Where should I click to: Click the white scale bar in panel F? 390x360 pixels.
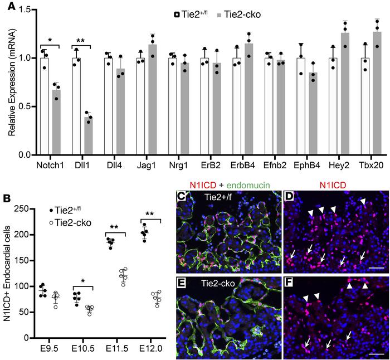376,338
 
